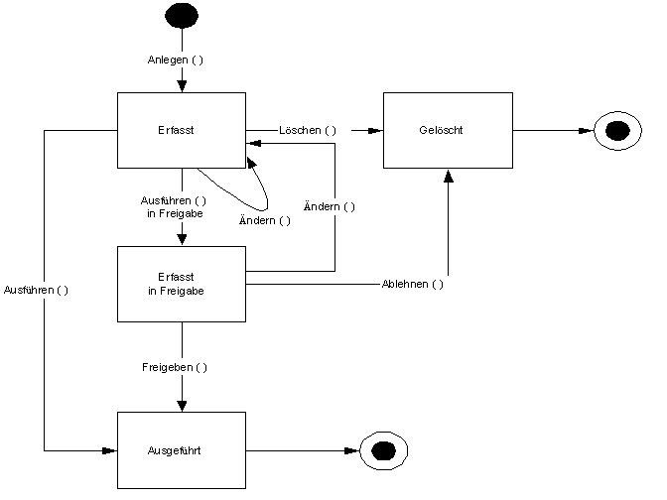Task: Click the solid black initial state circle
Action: tap(182, 16)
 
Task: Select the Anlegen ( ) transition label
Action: tap(176, 60)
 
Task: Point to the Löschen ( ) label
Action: tap(308, 130)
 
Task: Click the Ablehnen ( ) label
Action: tap(413, 284)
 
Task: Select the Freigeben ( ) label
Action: tap(175, 367)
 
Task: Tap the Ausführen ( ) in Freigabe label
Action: tap(174, 207)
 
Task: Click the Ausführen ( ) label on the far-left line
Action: tap(36, 290)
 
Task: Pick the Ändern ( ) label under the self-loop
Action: tap(265, 220)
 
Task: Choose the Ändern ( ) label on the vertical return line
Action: tap(330, 206)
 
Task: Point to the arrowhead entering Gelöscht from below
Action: tap(448, 176)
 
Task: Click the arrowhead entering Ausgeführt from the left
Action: tap(110, 450)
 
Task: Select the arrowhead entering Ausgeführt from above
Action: tap(182, 406)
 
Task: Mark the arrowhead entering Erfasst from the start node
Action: tap(182, 86)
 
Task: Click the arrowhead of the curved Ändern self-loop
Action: tap(251, 163)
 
